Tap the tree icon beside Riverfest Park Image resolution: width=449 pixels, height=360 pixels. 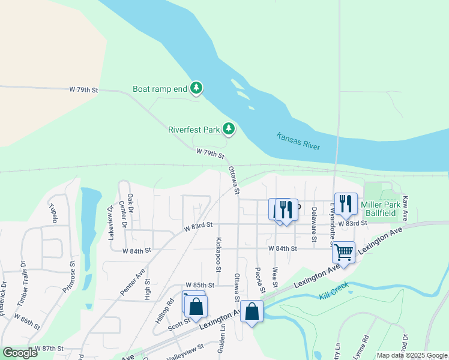point(228,129)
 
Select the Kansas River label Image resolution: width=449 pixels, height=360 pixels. point(298,142)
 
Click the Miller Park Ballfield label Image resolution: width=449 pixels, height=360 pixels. point(381,209)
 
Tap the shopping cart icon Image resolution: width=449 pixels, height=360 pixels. point(343,251)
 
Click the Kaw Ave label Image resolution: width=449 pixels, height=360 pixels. point(405,208)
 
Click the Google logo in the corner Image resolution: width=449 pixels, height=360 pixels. point(20,353)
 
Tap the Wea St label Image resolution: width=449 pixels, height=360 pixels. point(275,276)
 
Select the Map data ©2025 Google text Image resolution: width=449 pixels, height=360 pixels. point(411,355)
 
